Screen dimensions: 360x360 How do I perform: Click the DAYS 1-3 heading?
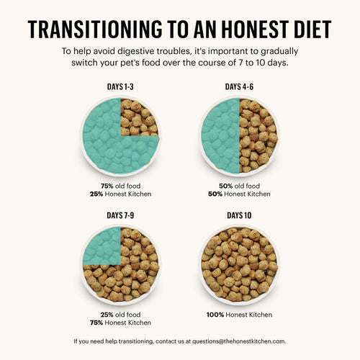coord(120,87)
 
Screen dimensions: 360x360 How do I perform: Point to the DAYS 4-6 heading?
coord(239,87)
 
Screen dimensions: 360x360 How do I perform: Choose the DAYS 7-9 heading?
coord(120,215)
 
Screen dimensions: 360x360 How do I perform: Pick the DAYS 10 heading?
coord(239,215)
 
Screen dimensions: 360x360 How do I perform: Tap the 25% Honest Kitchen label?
coord(121,193)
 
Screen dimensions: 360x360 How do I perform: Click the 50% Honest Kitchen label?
coord(239,193)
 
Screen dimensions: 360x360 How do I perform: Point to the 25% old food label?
coord(121,313)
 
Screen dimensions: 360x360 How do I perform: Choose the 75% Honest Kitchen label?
coord(121,323)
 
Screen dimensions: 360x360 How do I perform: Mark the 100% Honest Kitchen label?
coord(239,313)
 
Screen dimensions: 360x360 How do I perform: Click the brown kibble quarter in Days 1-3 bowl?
coord(139,117)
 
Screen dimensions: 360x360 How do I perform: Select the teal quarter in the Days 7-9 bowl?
coord(102,246)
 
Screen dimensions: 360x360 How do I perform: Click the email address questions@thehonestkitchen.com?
coord(231,341)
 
